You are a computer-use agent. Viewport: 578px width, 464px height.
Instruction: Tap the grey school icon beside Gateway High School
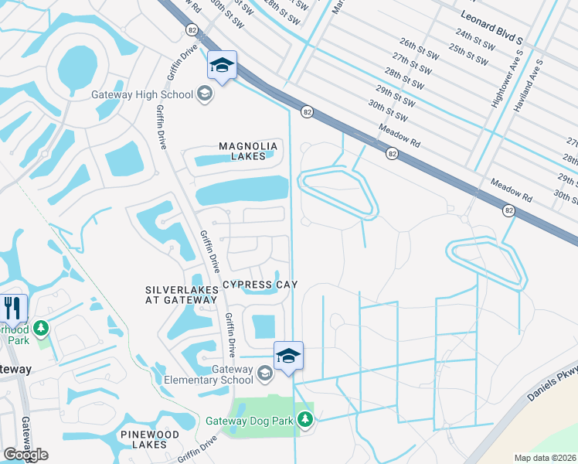click(x=205, y=94)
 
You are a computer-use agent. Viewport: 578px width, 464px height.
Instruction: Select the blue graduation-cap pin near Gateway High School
click(x=222, y=67)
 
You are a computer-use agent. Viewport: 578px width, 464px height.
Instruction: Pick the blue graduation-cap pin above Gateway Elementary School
click(x=288, y=357)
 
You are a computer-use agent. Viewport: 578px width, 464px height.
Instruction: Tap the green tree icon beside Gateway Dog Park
click(x=306, y=419)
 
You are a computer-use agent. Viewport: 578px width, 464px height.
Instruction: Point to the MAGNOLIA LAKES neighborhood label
click(x=247, y=151)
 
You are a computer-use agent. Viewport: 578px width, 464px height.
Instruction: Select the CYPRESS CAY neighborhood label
click(x=260, y=285)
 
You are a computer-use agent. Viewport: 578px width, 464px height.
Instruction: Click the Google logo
click(x=25, y=455)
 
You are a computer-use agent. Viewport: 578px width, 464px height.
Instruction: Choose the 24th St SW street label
click(x=474, y=35)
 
